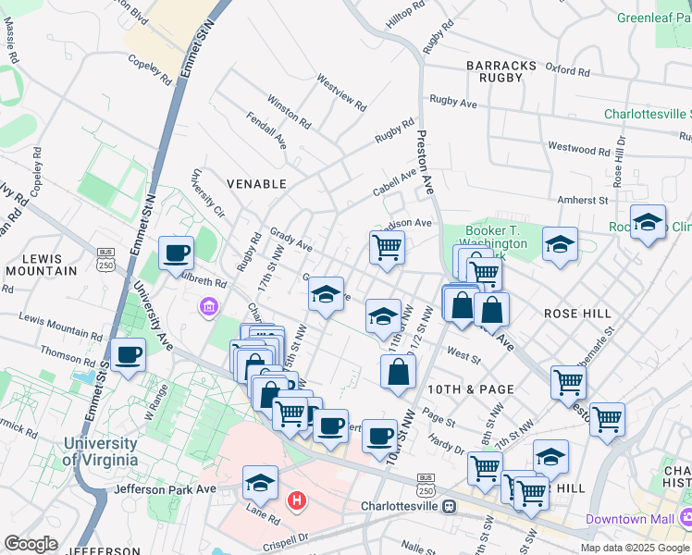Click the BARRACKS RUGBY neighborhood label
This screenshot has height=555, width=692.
coord(501,72)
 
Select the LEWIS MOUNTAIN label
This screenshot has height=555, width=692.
coord(40,264)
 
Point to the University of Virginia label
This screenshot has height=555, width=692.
coord(101,452)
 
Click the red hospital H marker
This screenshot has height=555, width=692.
coord(297,501)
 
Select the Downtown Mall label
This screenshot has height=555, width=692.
coord(630,519)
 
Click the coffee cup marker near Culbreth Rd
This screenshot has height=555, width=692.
coord(176,252)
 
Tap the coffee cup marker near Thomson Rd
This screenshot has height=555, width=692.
coord(128,353)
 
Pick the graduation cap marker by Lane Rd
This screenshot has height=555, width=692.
coord(260,482)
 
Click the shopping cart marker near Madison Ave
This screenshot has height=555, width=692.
coord(387,246)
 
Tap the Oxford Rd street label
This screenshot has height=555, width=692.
coord(567,69)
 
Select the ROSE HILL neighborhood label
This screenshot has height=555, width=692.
coord(577,314)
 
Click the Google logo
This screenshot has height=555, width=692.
coord(31,543)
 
